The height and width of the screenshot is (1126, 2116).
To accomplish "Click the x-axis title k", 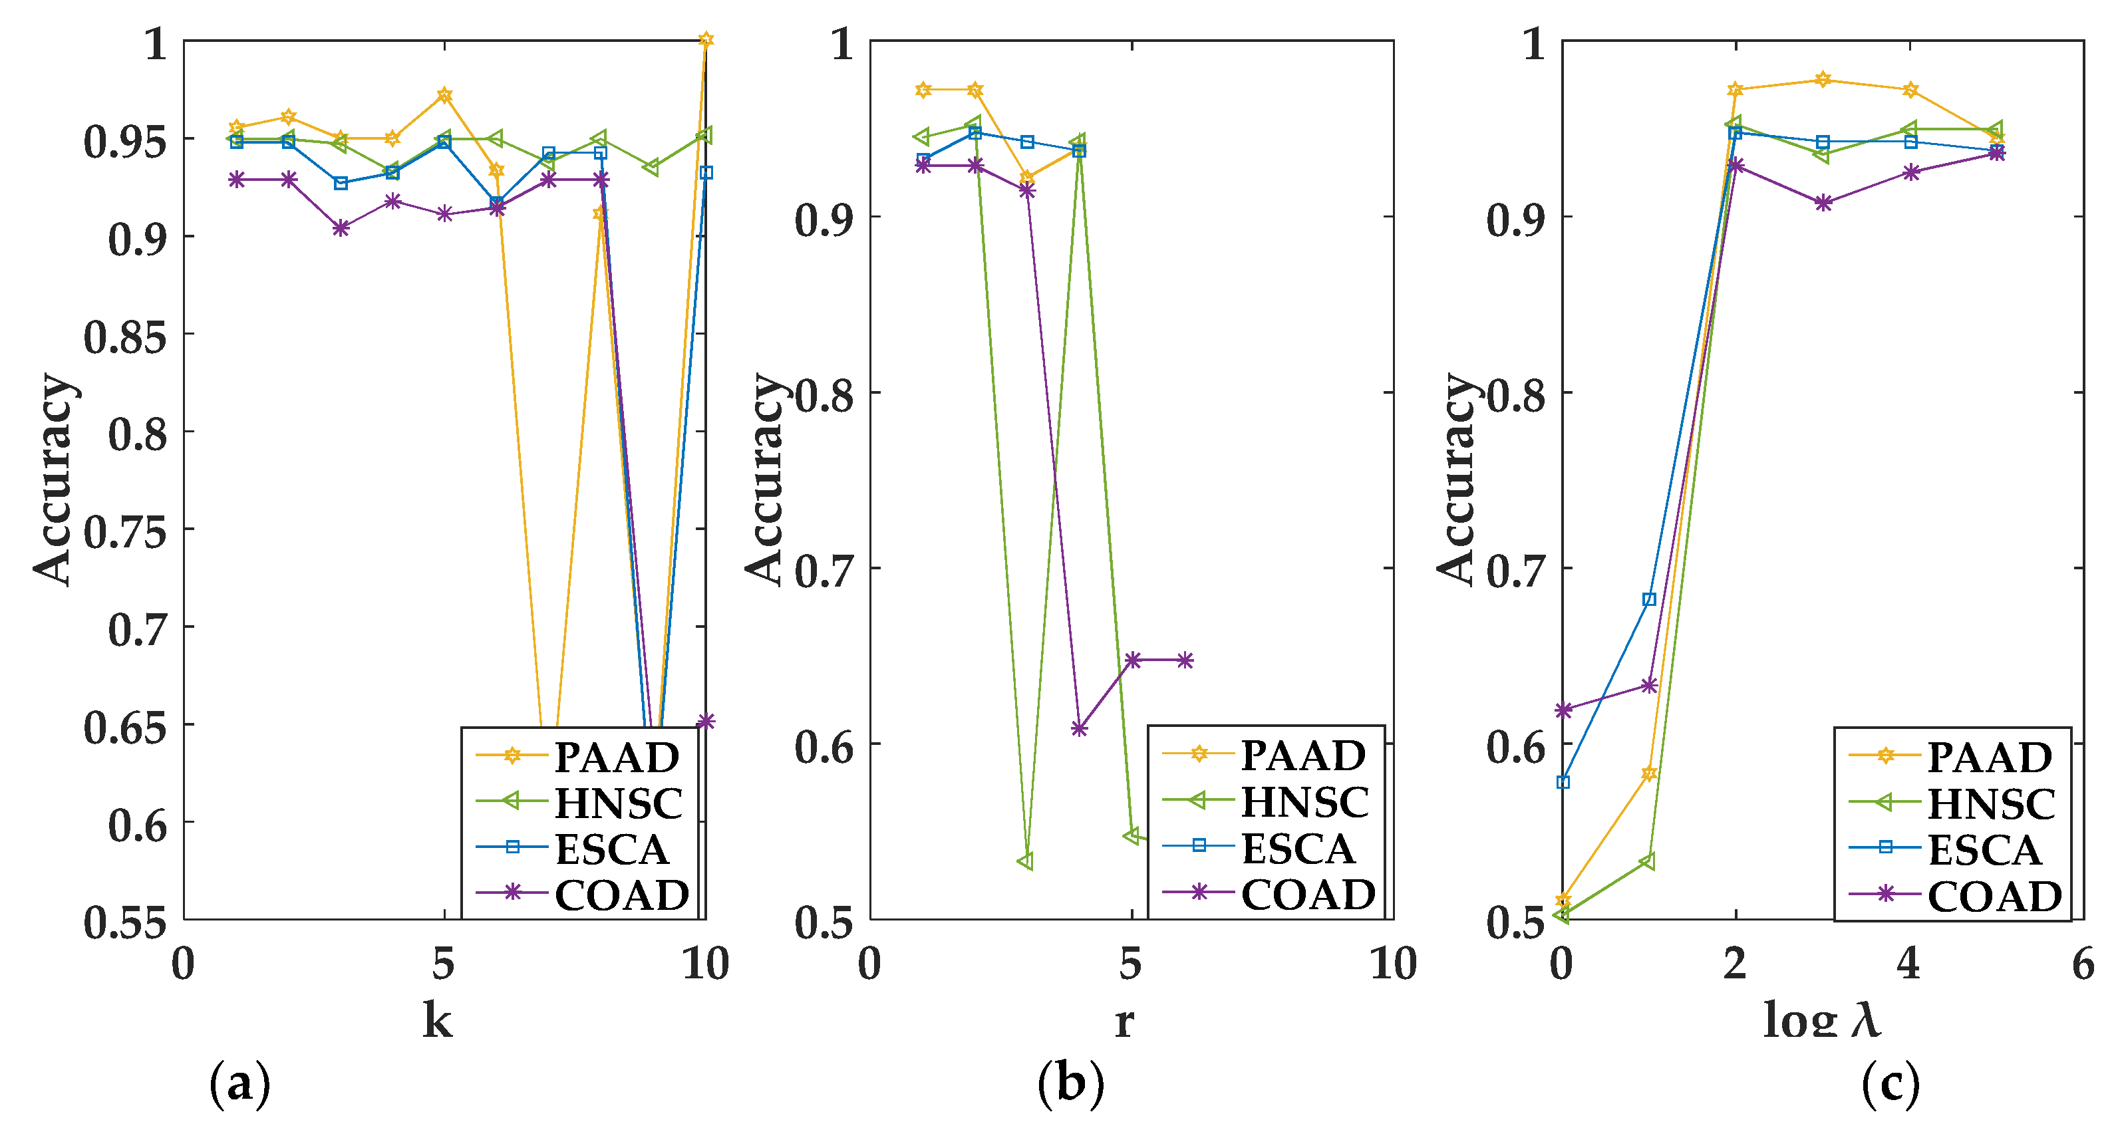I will [437, 1021].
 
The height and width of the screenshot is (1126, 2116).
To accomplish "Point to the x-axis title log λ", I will [1821, 1021].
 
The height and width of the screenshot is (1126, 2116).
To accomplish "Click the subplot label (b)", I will [1071, 1084].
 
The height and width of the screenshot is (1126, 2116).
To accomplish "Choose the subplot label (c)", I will [1890, 1084].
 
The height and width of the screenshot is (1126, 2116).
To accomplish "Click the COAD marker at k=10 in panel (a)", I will [706, 721].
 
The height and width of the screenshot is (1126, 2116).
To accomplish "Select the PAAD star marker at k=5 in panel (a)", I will [444, 95].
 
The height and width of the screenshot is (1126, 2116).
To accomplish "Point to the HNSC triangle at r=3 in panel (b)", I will [1026, 861].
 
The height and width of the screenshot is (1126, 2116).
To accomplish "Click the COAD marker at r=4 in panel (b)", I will [1080, 728].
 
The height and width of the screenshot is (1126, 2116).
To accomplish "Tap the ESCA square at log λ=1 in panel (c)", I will [1648, 599].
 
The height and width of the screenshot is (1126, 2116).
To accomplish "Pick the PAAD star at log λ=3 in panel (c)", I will [1823, 80].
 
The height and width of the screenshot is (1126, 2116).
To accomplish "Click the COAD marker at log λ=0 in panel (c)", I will [1563, 710].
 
